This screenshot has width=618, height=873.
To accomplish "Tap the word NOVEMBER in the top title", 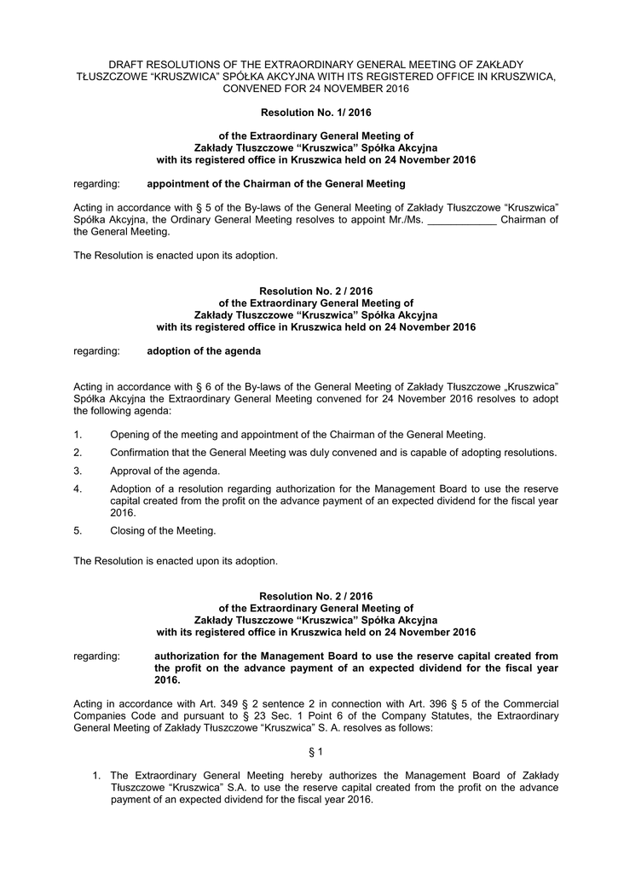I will [352, 89].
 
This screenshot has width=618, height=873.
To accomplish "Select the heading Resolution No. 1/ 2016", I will [315, 112].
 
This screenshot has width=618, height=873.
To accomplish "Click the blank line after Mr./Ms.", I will [460, 220].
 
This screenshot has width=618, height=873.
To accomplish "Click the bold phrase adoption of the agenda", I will [204, 350].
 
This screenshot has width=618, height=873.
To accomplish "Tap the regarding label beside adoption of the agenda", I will [96, 350].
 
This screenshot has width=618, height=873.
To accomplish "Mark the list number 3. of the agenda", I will [78, 471].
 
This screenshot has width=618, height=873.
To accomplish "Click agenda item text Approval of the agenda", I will [165, 471].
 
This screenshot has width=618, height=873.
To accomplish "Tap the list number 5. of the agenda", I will [78, 530].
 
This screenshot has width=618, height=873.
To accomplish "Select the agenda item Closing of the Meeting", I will [163, 530].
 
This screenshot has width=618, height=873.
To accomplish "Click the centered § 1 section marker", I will [315, 751].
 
